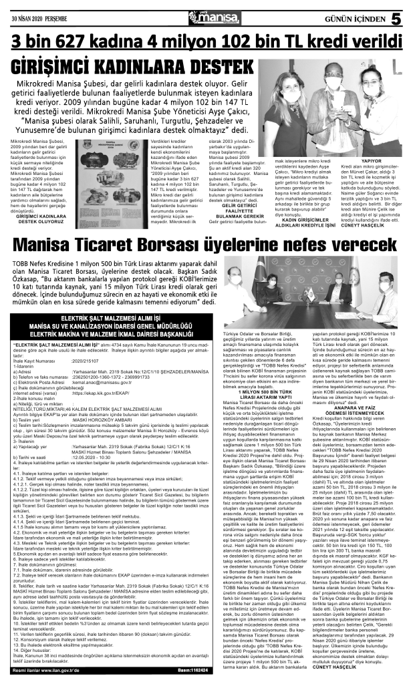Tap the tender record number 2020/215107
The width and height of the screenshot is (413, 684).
pyautogui.click(x=88, y=360)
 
